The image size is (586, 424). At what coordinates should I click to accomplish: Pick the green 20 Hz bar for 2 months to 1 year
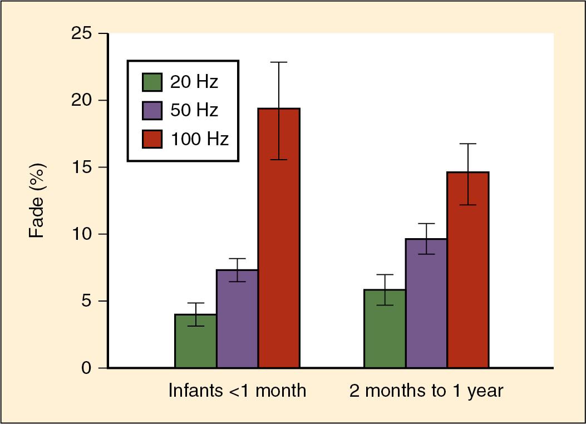[x=385, y=329]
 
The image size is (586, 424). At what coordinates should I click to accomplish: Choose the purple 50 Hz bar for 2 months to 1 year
[x=427, y=303]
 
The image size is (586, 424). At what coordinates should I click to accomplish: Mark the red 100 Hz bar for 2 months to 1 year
[x=469, y=270]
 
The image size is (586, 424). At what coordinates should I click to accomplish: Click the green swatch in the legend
[x=151, y=82]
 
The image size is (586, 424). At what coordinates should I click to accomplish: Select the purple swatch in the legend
[x=151, y=110]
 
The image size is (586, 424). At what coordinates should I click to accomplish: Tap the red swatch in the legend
[x=151, y=139]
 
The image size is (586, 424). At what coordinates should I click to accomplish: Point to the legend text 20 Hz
[x=194, y=82]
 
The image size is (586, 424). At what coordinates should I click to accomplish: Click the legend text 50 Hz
[x=194, y=110]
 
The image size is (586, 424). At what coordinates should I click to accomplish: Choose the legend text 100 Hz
[x=199, y=139]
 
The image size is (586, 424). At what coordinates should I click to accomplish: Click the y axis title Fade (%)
[x=36, y=200]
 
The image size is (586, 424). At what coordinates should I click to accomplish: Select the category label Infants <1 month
[x=238, y=391]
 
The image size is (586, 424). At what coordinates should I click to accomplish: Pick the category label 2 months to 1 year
[x=426, y=391]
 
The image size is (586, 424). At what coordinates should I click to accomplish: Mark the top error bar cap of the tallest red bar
[x=279, y=62]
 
